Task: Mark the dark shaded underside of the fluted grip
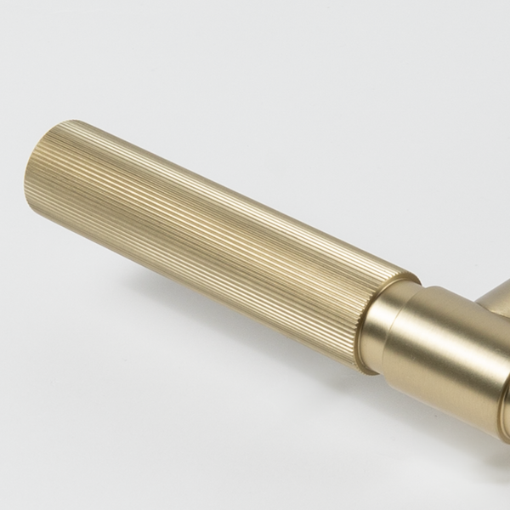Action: click(212, 289)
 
